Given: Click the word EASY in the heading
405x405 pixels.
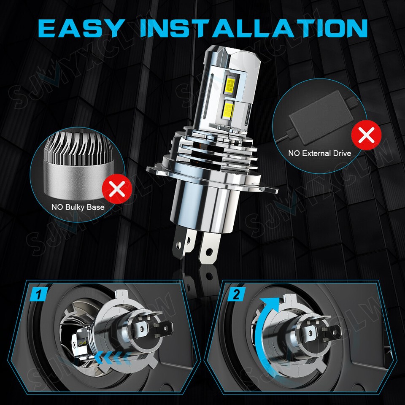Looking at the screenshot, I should click(82, 27).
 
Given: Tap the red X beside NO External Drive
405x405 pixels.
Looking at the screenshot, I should click(366, 135).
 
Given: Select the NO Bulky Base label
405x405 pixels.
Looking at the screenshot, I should click(78, 207).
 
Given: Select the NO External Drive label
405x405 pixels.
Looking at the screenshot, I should click(319, 153).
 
